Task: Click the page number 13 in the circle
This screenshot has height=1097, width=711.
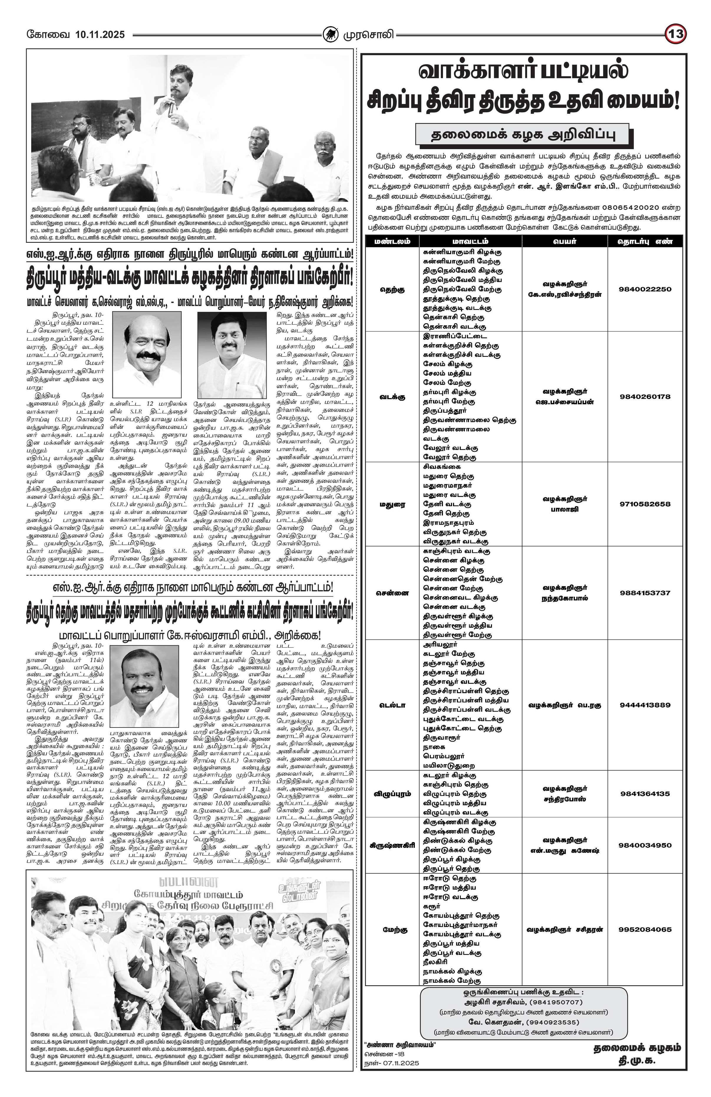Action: pos(676,34)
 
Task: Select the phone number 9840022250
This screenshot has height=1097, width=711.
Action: pos(645,289)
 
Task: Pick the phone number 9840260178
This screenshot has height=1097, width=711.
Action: pos(645,396)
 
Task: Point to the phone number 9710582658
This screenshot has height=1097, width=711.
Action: pos(645,504)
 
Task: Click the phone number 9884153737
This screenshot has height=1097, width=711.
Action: pos(645,593)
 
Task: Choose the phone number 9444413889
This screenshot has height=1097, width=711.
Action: pos(645,705)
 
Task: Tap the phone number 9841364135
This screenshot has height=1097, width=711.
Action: pos(645,794)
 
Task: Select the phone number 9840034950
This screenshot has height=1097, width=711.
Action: pos(645,845)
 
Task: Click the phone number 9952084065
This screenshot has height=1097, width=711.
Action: pos(645,929)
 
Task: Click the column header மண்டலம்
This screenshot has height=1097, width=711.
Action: pos(392,241)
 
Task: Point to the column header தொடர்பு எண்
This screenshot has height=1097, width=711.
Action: pos(645,241)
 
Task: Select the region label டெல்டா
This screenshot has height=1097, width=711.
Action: pos(392,705)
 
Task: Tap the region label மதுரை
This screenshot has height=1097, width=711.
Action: pos(392,504)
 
